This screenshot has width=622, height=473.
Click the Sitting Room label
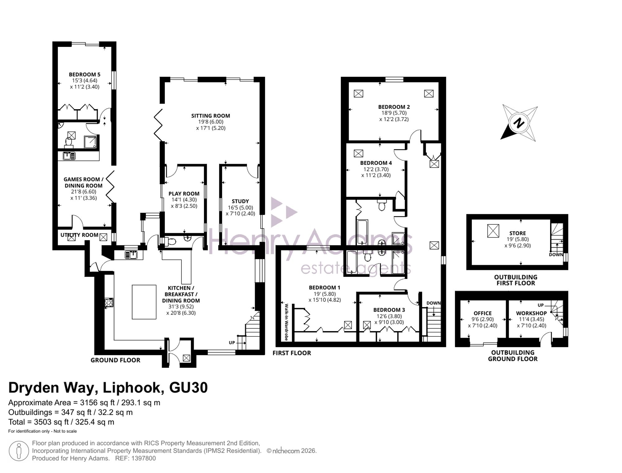pos(211,116)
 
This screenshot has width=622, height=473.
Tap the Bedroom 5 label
pos(85,74)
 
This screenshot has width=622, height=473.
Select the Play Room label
pos(184,193)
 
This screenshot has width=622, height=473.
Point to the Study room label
pos(240,201)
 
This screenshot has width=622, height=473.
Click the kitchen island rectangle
pos(144,302)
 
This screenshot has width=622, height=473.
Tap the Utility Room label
pos(79,235)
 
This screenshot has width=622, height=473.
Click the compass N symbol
pos(519,123)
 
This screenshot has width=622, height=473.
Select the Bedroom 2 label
pos(394,107)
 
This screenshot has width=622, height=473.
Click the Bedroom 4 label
pos(376,163)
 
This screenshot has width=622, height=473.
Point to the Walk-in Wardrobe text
pos(286,322)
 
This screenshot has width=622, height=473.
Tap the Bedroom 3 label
pos(389,310)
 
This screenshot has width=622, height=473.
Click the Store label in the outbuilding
pos(518,233)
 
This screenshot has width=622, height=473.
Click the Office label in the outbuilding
pos(483,313)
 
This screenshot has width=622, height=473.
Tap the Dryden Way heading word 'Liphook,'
pos(133,387)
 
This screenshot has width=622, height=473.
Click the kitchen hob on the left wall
pos(109,302)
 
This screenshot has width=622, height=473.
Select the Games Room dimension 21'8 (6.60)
pos(84,192)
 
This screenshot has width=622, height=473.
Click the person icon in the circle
pos(19,451)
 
